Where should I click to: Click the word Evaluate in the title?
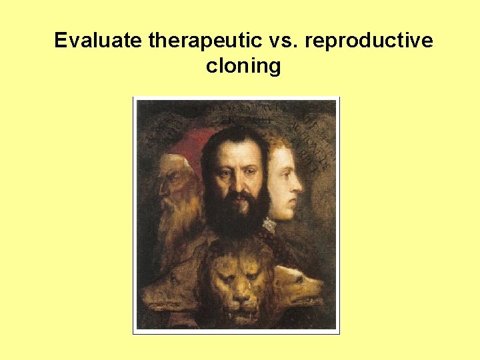click(99, 41)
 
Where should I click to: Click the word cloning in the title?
click(243, 67)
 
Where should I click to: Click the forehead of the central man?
click(235, 150)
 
